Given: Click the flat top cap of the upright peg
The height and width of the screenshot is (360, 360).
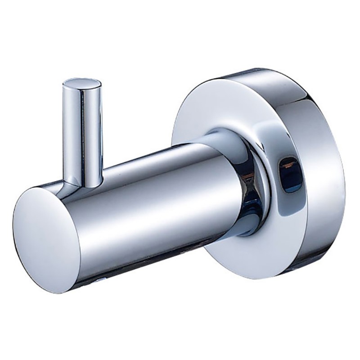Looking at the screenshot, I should pos(82,84).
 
